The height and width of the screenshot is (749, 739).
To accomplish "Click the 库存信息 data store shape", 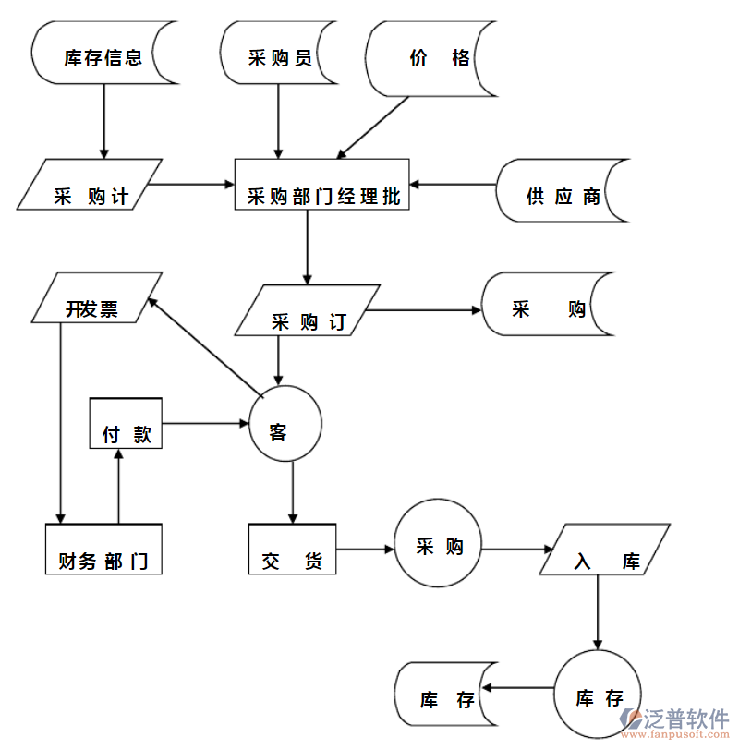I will click(x=103, y=57).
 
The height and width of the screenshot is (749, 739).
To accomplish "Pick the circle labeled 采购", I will click(x=438, y=547).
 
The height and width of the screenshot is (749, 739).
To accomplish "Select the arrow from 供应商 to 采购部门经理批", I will click(x=454, y=185).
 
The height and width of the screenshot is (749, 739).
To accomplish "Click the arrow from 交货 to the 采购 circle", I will click(x=365, y=550).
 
